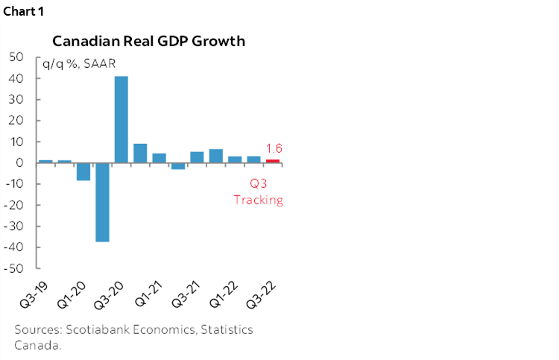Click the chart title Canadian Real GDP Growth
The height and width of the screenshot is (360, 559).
click(x=148, y=41)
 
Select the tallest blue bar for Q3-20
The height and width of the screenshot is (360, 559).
click(x=121, y=119)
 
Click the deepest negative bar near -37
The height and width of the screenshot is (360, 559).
click(x=102, y=202)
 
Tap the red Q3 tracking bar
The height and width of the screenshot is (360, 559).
click(x=273, y=161)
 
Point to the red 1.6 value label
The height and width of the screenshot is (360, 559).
click(x=274, y=148)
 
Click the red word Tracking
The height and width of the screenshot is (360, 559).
click(x=259, y=200)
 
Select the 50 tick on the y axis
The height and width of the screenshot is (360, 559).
click(x=16, y=57)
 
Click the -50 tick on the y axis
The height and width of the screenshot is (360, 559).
click(x=14, y=268)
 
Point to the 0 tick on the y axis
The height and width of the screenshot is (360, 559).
click(x=20, y=162)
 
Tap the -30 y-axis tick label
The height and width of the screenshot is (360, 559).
click(x=14, y=226)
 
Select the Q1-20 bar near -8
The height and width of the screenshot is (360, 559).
click(x=83, y=171)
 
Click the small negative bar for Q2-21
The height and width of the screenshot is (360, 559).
click(x=178, y=165)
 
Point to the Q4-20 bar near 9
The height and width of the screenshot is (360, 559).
click(x=140, y=153)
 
